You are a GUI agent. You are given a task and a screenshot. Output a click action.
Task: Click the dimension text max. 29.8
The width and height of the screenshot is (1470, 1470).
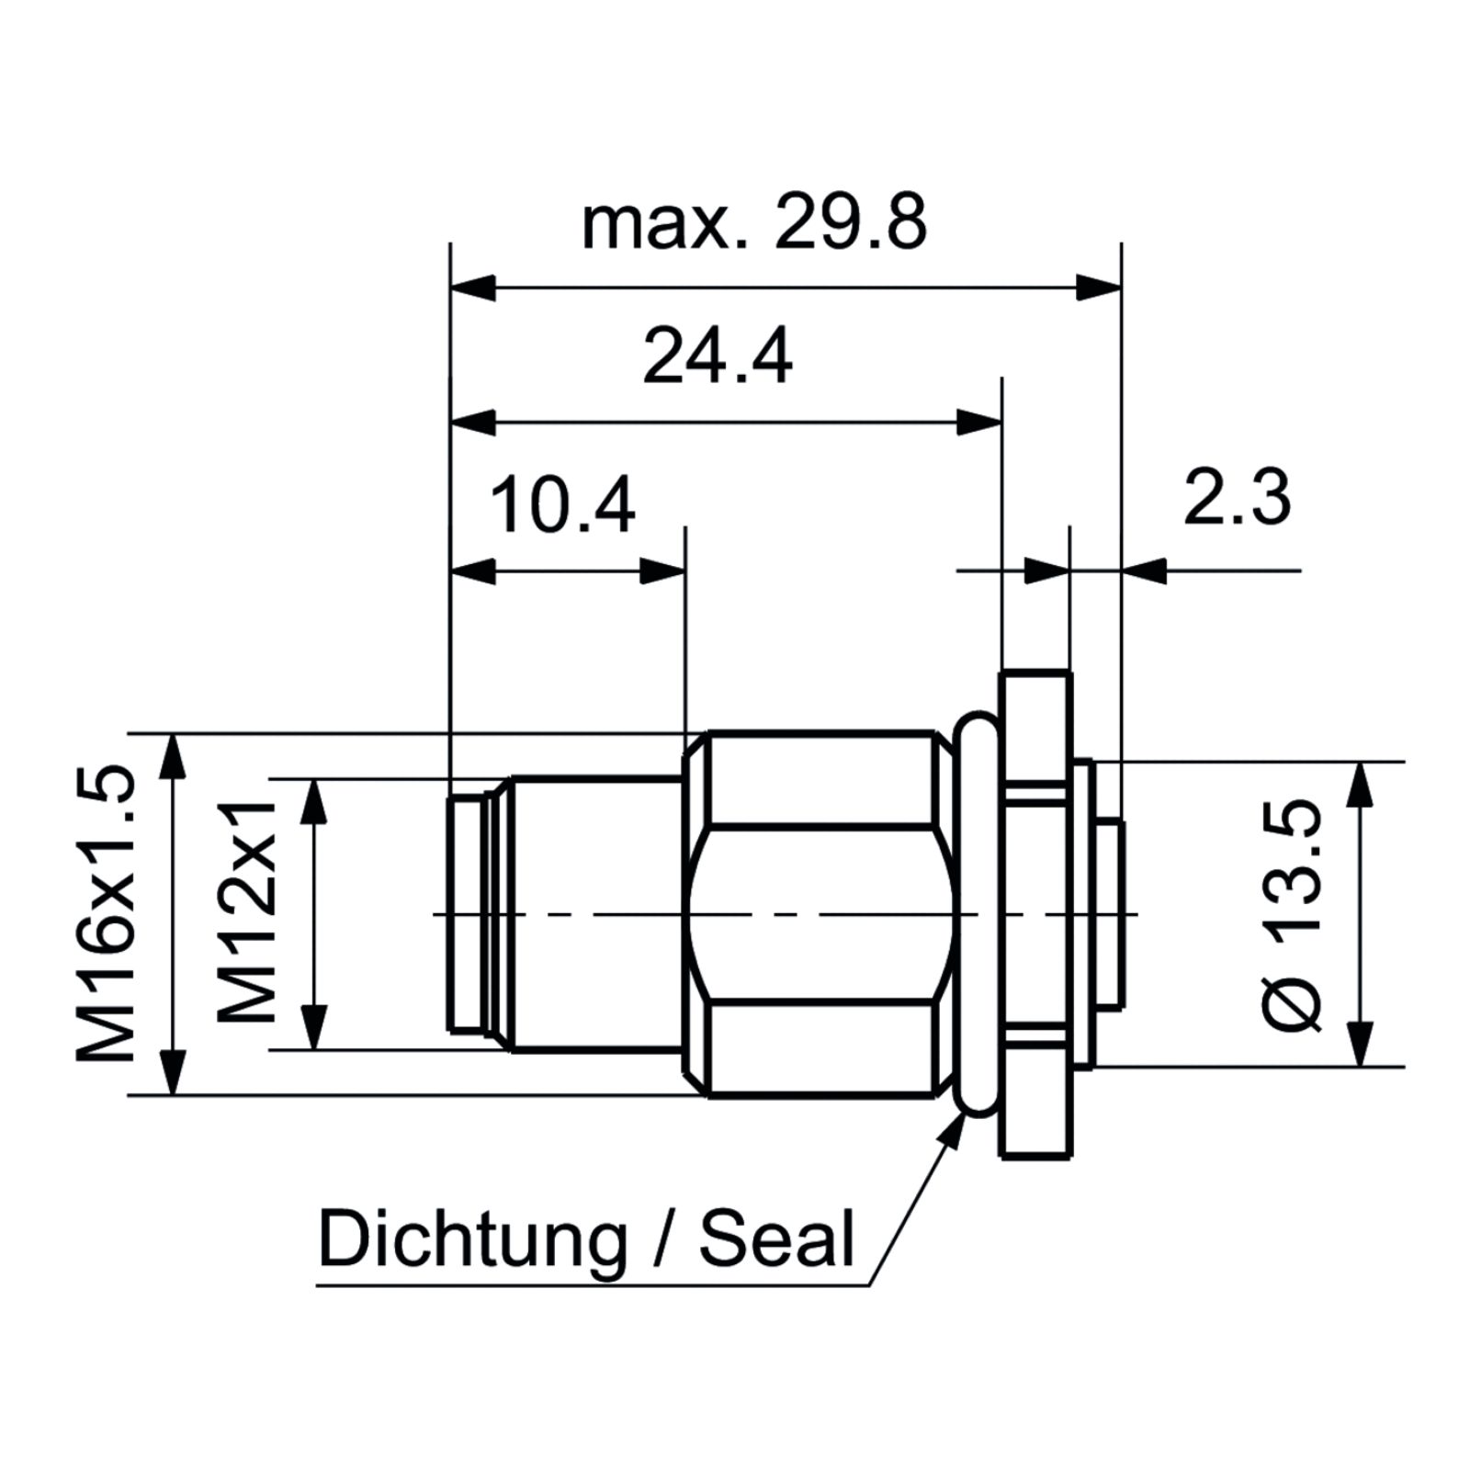coord(754,222)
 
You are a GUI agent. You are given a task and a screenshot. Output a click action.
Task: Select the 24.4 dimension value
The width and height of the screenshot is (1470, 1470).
coord(717,356)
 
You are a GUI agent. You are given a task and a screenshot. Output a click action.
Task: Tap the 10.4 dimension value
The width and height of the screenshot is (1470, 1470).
coord(562,504)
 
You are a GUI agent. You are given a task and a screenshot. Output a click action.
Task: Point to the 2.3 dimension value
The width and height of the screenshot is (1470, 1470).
coord(1237,497)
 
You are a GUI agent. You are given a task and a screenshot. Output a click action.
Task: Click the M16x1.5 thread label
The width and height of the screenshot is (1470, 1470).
coord(107,913)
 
